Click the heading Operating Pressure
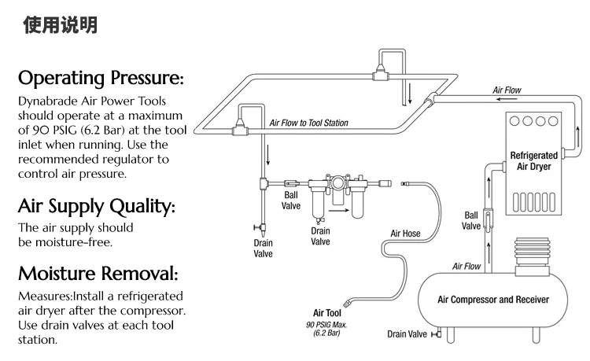(101, 79)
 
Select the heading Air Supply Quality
(95, 207)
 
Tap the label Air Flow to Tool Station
(308, 123)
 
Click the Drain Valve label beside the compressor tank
(407, 333)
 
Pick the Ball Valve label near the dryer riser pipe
(471, 220)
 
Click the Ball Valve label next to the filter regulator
(291, 201)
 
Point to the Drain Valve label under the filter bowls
(320, 236)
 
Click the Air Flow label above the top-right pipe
(508, 90)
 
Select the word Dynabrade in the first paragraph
(47, 102)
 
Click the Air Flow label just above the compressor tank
(466, 267)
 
